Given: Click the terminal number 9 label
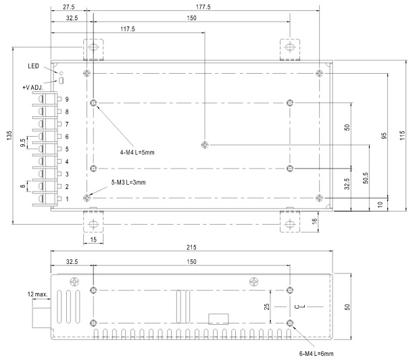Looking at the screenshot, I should click(x=67, y=99).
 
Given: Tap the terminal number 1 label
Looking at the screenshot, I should click(x=67, y=198).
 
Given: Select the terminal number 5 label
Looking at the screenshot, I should click(x=67, y=149).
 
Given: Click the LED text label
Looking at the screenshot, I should click(x=34, y=66).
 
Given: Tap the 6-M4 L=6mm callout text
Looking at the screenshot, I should click(x=316, y=353).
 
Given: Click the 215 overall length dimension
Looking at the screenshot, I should click(x=191, y=246).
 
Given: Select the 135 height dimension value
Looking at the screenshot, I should click(x=9, y=135).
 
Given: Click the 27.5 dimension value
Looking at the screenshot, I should click(x=68, y=7).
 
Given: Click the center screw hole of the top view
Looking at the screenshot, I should click(x=205, y=145).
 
